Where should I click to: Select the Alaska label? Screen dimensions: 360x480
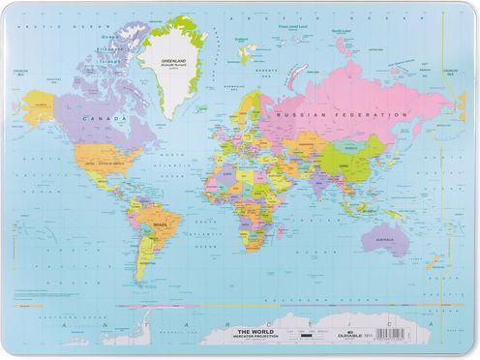click(41, 99)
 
